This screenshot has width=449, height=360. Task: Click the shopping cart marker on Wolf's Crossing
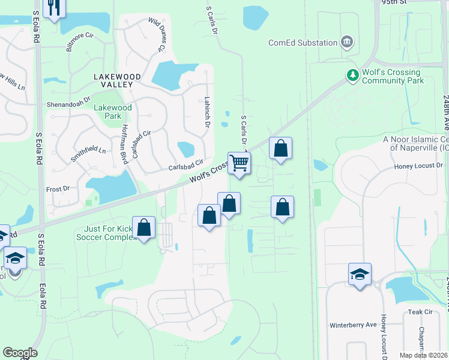click(239, 163)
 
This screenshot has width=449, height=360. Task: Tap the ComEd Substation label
click(303, 43)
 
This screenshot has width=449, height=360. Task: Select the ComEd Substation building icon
click(346, 42)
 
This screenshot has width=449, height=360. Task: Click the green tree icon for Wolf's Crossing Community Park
click(353, 75)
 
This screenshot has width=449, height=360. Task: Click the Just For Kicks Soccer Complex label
click(106, 233)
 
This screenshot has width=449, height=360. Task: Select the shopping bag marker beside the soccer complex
click(143, 227)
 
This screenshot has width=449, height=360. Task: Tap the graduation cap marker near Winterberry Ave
click(360, 274)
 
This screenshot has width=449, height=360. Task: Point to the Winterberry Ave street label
click(352, 325)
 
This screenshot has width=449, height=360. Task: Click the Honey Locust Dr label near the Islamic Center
click(418, 166)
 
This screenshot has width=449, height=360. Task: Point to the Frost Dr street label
click(58, 189)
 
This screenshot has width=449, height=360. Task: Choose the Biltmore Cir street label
click(80, 43)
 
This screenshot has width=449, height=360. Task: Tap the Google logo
click(20, 353)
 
